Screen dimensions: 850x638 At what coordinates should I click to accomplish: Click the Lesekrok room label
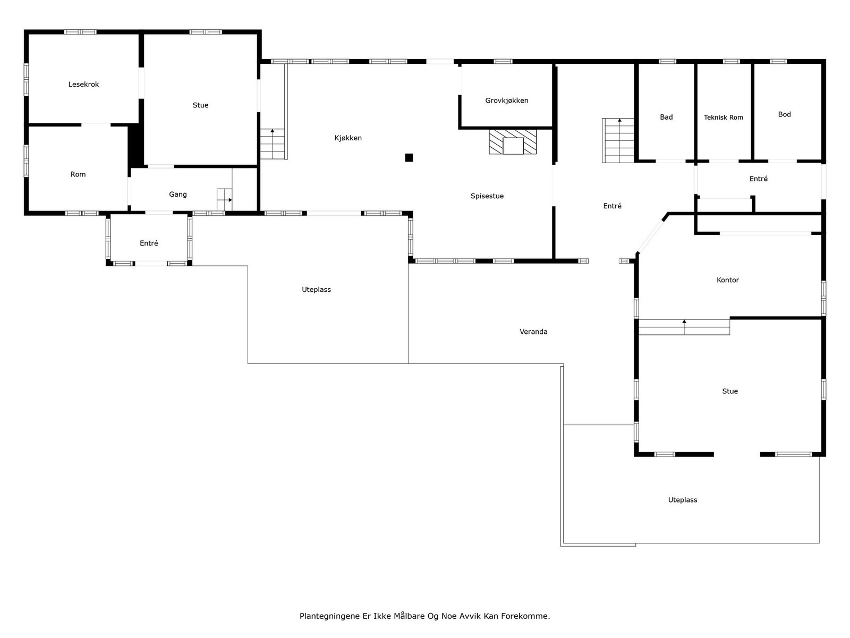coord(83,85)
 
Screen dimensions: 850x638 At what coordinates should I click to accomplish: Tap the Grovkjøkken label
coord(506,100)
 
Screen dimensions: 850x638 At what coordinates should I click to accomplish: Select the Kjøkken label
coord(348,138)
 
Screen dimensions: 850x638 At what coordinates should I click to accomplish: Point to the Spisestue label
coord(487,196)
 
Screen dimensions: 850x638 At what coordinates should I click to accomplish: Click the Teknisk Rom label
coord(723,117)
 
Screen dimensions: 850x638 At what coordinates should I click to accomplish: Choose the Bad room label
coord(666,117)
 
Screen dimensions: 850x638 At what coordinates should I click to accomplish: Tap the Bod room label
coord(784,114)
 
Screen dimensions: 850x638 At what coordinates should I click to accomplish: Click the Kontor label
coord(727,280)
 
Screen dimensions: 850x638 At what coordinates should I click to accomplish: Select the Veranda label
coord(533,332)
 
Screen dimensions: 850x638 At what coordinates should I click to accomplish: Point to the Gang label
coord(178,195)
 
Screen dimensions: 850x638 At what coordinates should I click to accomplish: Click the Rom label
coord(78,174)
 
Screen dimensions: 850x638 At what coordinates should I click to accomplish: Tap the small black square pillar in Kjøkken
coord(409,158)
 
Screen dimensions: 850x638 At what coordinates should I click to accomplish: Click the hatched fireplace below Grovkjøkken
coord(512,142)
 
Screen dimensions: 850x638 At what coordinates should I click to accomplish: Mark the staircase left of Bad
coord(618,140)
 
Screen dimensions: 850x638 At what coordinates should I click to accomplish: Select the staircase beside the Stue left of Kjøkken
coord(272,144)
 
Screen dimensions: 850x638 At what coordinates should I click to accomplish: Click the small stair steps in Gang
coord(224,199)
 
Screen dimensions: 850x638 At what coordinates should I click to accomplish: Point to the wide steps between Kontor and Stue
coord(684,328)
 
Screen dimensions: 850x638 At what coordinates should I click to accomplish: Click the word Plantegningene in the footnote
coord(329,616)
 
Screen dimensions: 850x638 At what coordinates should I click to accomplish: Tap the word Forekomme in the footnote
coord(525,616)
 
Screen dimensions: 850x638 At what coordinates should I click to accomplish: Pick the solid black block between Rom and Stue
coord(135,145)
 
